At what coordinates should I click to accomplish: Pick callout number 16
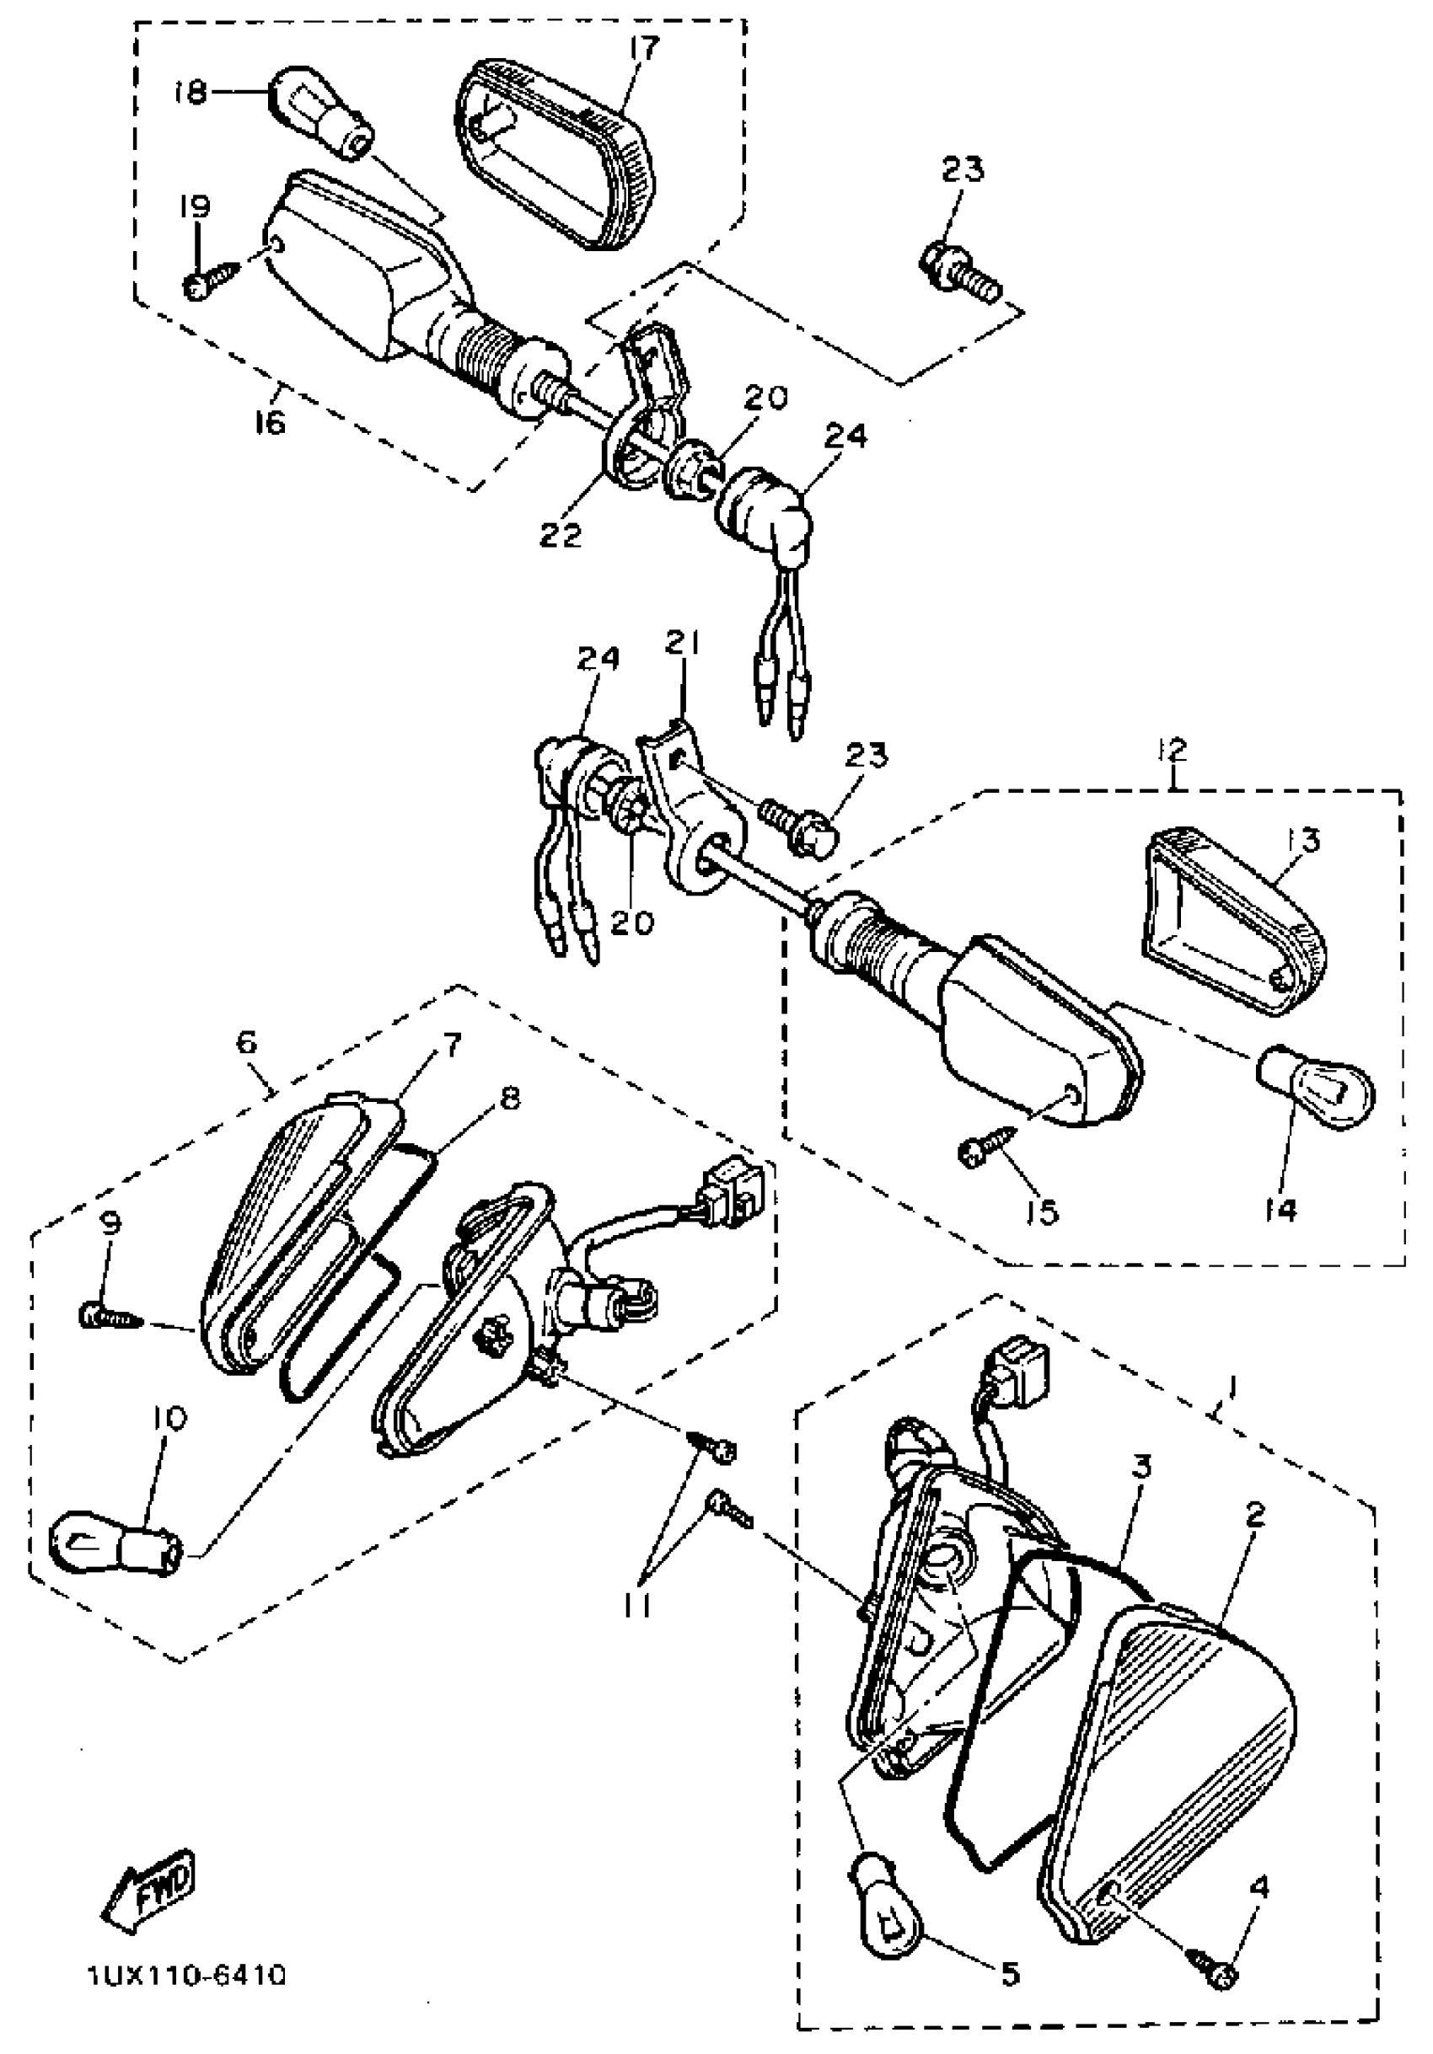[x=269, y=419]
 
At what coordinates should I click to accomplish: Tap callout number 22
[x=561, y=534]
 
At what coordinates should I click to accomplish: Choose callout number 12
[x=1173, y=750]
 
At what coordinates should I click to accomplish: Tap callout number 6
[x=247, y=1042]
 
